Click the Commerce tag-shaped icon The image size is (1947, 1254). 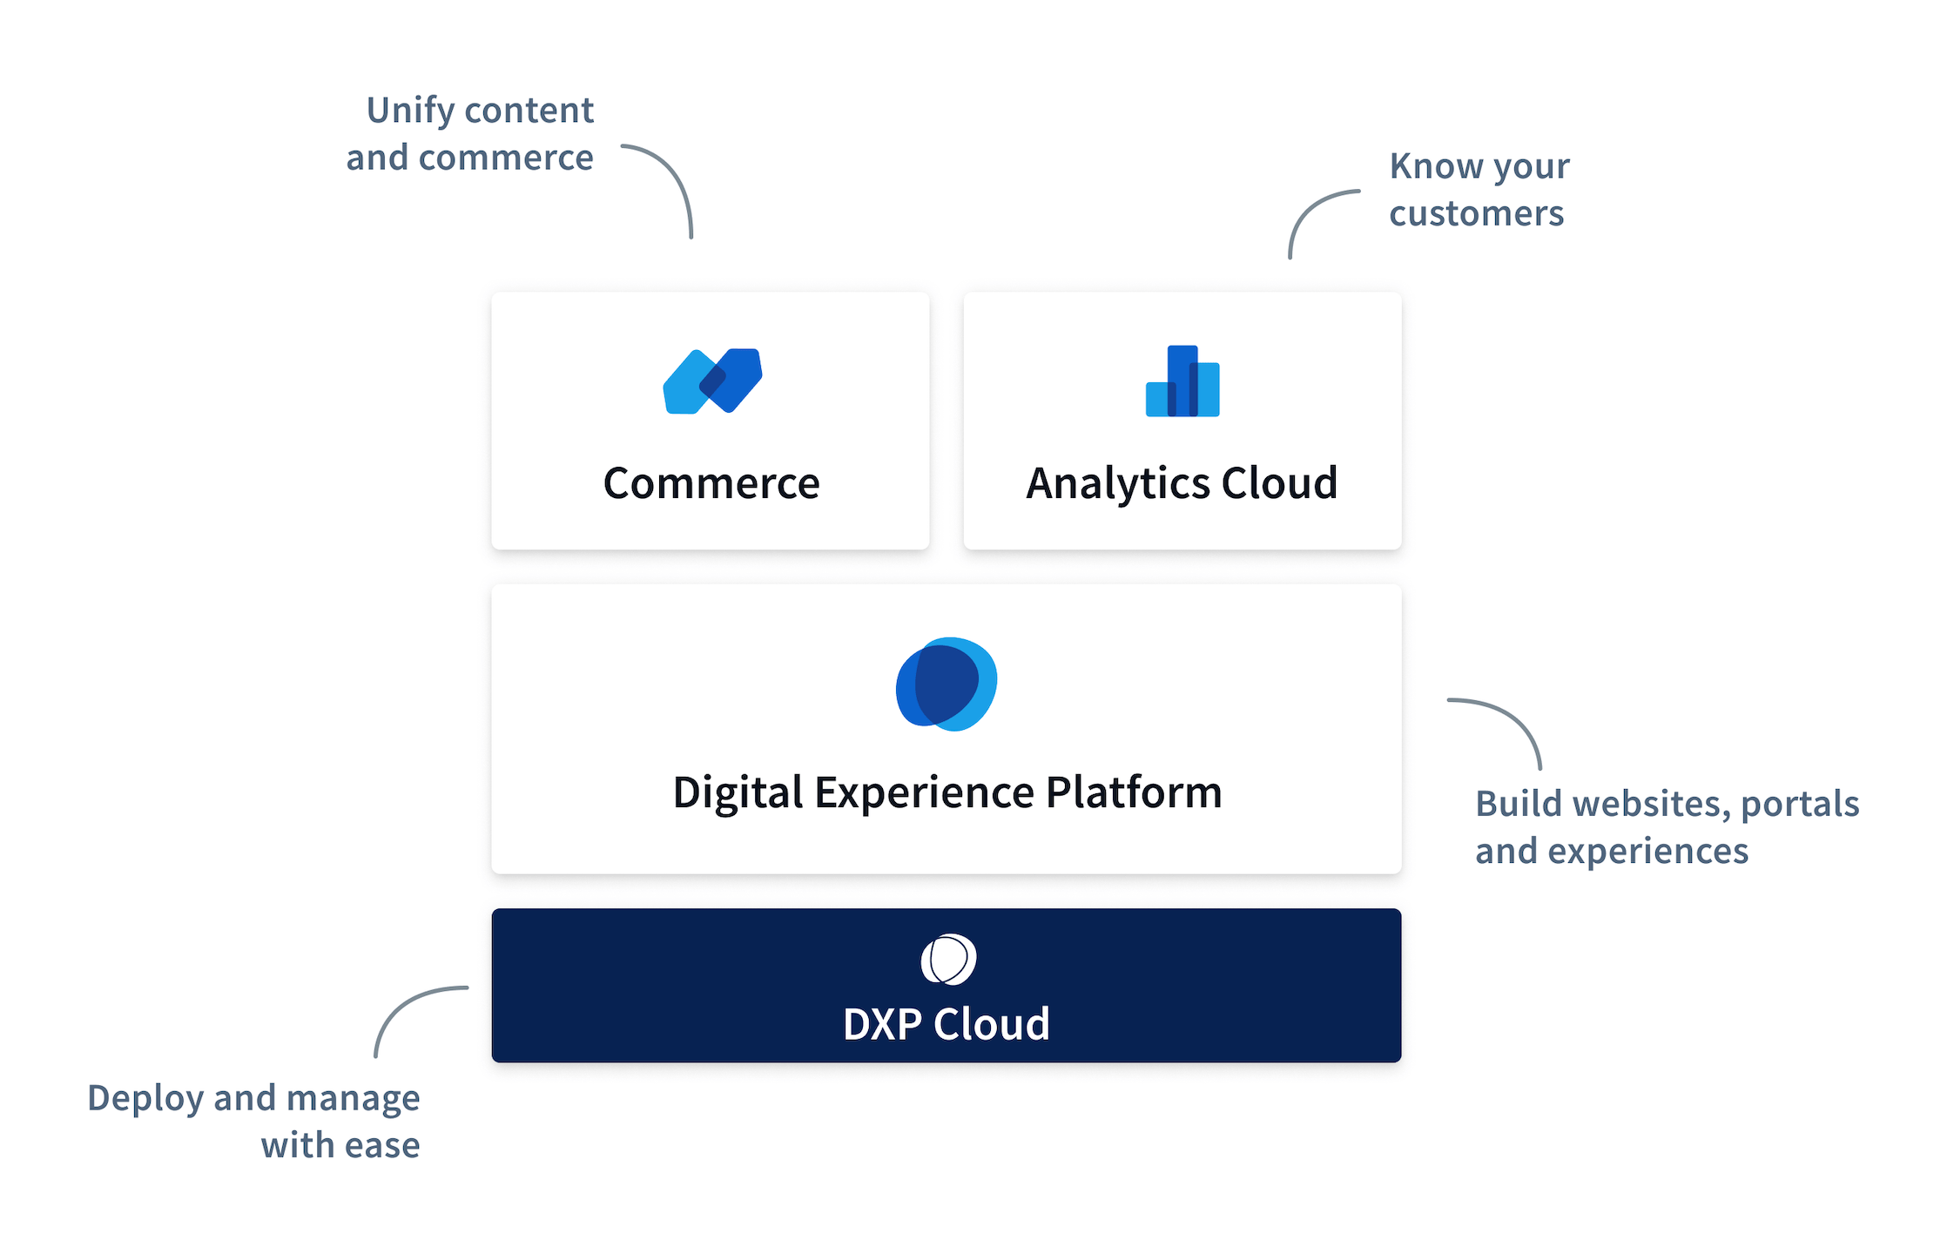(712, 381)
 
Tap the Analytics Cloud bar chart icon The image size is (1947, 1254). (1182, 381)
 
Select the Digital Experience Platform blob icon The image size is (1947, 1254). (947, 684)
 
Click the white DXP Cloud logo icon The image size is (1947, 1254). (948, 960)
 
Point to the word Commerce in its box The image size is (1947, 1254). (711, 483)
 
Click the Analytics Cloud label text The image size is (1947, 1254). (1182, 484)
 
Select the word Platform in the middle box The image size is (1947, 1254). (1134, 792)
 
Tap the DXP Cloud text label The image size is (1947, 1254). (947, 1024)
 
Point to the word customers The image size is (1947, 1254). (1477, 214)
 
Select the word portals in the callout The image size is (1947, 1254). (1800, 806)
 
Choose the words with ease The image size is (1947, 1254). (340, 1146)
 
